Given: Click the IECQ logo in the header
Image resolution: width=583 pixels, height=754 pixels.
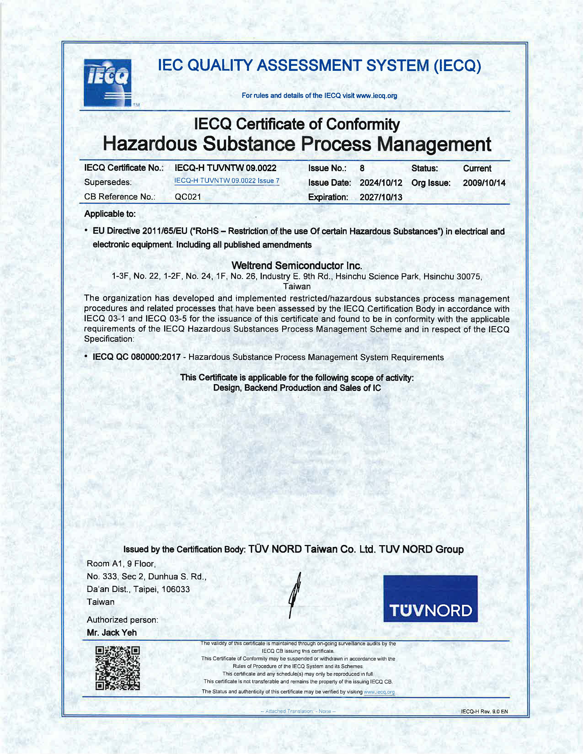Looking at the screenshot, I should tap(107, 83).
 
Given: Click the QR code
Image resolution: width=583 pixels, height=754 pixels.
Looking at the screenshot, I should tap(118, 668).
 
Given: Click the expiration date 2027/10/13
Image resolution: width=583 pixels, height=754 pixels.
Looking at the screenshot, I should tap(381, 197).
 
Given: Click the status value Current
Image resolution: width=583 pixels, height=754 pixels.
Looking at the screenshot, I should tap(477, 168).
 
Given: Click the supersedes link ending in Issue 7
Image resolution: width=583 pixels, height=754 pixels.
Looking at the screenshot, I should tap(227, 181).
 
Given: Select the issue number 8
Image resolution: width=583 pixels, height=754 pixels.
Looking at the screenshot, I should tap(362, 168).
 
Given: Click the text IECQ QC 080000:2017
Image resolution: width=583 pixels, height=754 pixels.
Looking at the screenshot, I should tap(136, 357).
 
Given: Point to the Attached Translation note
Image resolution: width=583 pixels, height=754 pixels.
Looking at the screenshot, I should tap(298, 711).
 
